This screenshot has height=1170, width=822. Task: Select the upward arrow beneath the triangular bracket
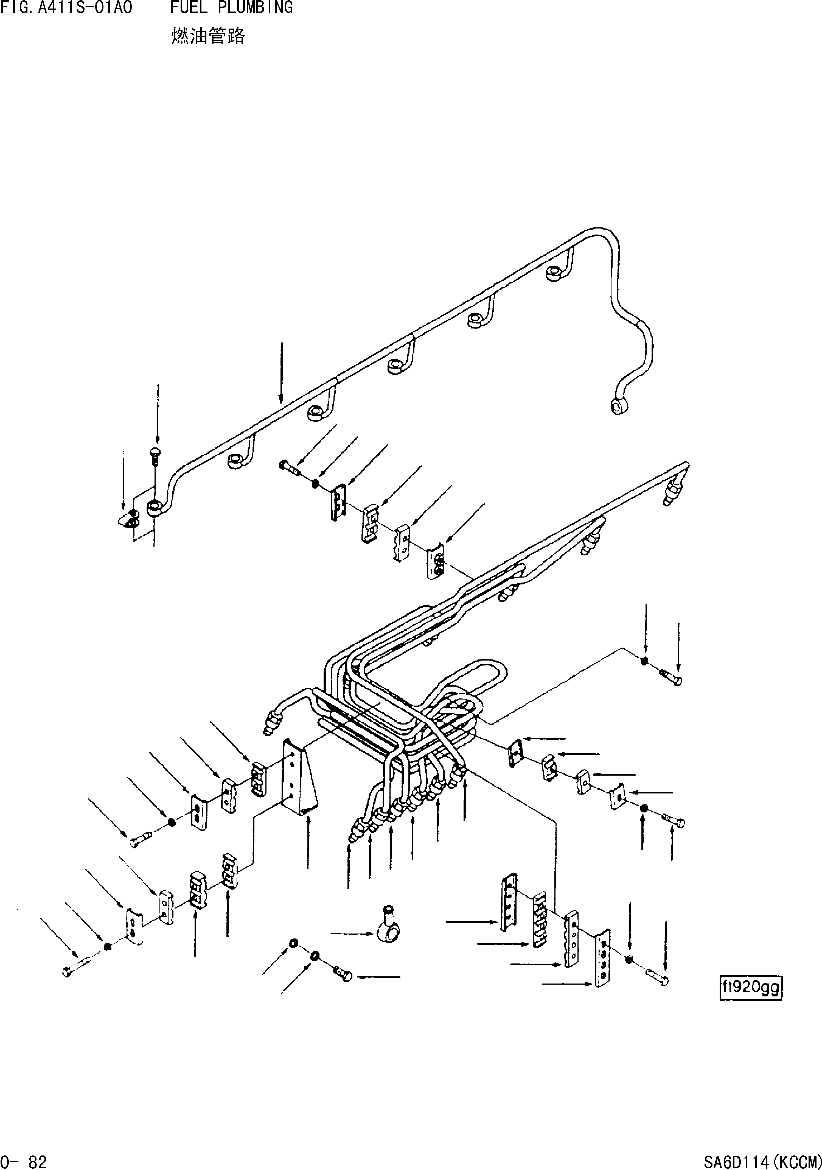(x=308, y=840)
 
